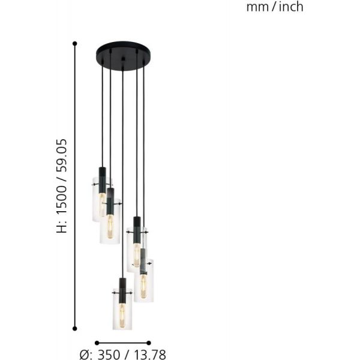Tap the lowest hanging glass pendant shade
click(122, 309)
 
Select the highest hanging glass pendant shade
click(102, 199)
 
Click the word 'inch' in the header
click(291, 7)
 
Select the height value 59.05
click(62, 155)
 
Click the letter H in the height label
click(62, 229)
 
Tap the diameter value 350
click(109, 355)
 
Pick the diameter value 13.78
click(149, 355)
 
